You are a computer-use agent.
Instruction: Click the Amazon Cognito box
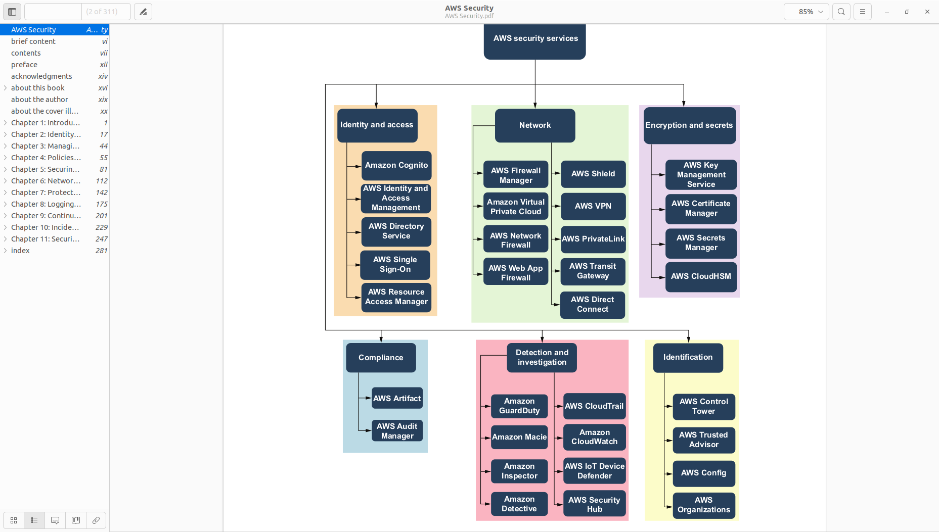(396, 165)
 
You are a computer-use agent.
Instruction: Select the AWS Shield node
(593, 174)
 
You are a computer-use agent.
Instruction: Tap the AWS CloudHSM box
(701, 276)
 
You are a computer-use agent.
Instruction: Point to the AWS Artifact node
(397, 398)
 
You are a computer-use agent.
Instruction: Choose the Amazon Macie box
(519, 437)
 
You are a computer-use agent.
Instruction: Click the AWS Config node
(703, 473)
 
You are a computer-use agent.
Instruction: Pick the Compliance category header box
(381, 358)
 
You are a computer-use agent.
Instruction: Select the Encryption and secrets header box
(689, 125)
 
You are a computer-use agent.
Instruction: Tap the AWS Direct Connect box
(593, 305)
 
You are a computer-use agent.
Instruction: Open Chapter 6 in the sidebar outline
(46, 181)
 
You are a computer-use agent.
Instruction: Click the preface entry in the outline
(24, 65)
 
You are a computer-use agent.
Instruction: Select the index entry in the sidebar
(20, 251)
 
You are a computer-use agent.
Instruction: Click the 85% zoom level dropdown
(806, 12)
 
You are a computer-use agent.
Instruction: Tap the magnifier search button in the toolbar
(841, 12)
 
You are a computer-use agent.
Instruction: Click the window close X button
(927, 12)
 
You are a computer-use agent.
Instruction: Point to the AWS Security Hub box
(595, 504)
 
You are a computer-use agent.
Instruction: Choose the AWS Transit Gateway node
(593, 271)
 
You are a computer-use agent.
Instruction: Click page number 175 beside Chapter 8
(102, 204)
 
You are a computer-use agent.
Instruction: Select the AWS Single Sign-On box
(395, 265)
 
